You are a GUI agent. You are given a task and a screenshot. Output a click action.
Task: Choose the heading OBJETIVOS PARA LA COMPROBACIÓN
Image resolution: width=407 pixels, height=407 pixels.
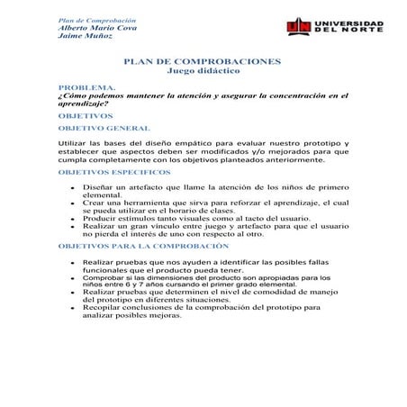point(142,245)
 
